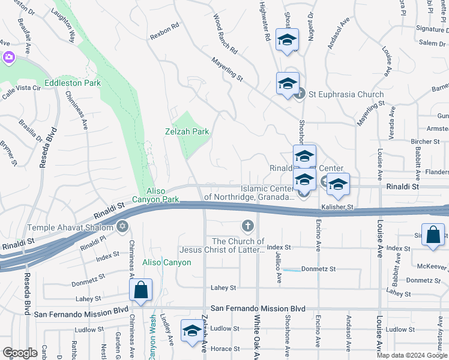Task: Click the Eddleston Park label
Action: tap(72, 83)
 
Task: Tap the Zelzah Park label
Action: tap(187, 131)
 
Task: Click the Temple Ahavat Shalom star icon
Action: tap(123, 226)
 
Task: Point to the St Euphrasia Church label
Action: tap(346, 94)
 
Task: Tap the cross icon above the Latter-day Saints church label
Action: tap(247, 226)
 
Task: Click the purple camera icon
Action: tap(8, 58)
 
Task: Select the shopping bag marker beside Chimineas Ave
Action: tap(140, 290)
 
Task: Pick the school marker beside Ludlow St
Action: tap(192, 332)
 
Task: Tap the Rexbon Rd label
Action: tap(165, 31)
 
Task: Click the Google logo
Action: tap(20, 353)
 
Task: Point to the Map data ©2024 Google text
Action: tap(411, 355)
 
